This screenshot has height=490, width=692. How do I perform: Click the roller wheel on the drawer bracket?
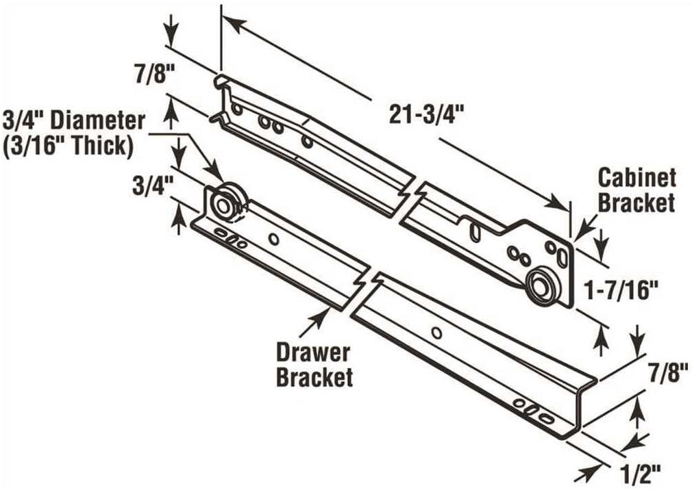(x=223, y=205)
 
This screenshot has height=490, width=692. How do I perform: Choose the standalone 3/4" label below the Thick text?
(x=150, y=185)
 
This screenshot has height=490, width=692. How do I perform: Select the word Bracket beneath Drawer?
(x=314, y=377)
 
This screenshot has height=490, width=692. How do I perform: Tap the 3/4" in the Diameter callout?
(x=21, y=120)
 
